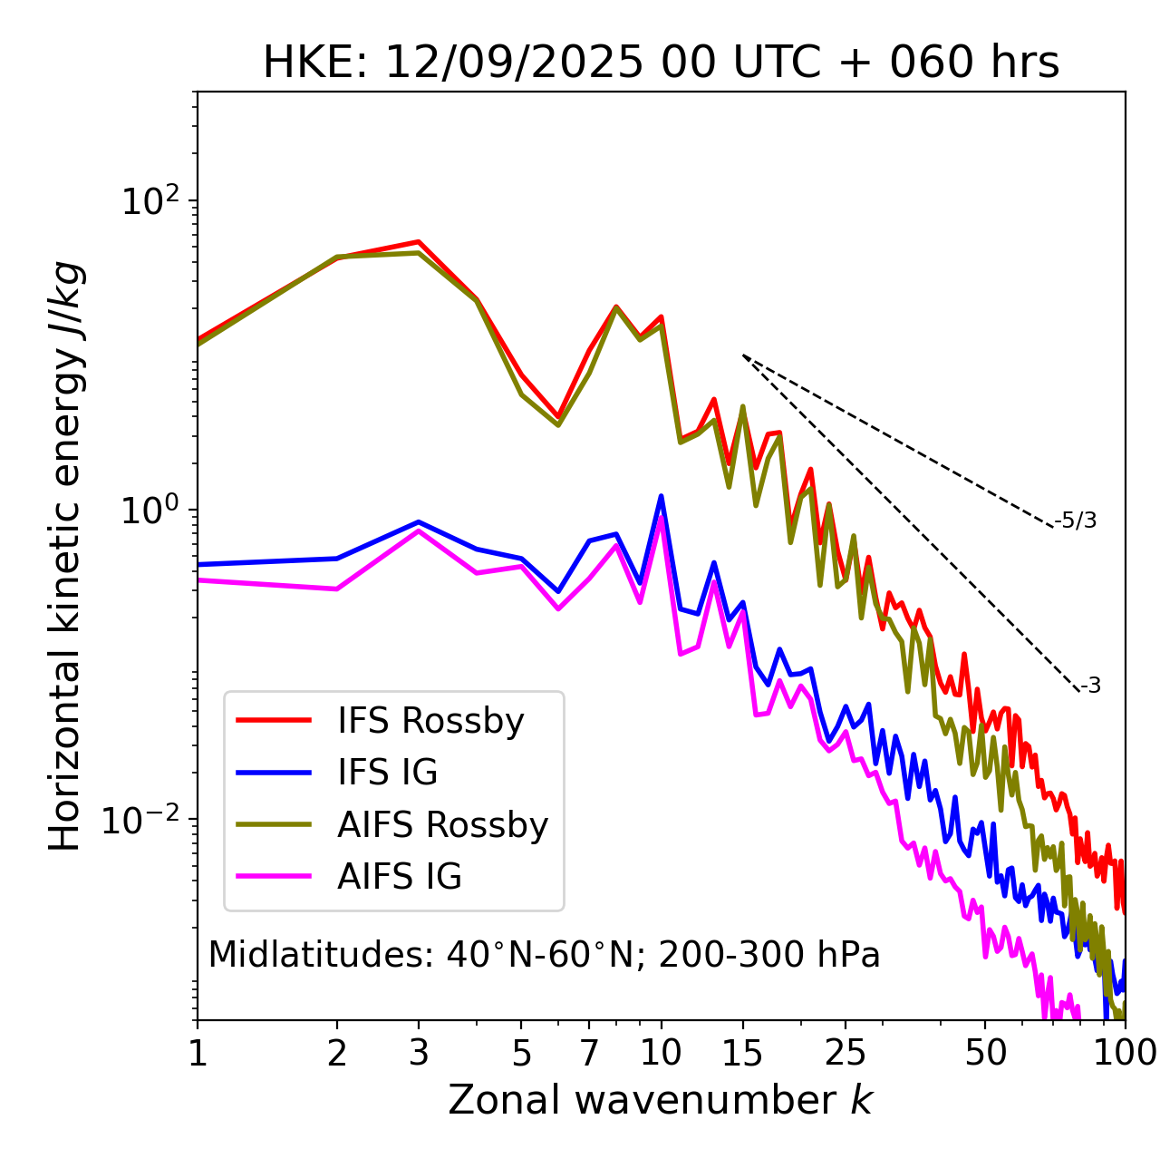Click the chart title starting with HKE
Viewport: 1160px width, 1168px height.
click(661, 63)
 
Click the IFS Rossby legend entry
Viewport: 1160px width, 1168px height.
click(430, 721)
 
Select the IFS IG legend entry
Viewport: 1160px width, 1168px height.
click(387, 773)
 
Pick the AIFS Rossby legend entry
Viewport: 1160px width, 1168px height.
click(442, 825)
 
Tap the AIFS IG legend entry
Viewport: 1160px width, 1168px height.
click(399, 877)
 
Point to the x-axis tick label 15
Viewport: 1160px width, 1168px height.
click(742, 1053)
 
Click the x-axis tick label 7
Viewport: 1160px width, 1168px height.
click(589, 1053)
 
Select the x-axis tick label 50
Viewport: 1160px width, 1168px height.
click(985, 1053)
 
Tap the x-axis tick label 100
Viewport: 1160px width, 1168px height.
click(1125, 1053)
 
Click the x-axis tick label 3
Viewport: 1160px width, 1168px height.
click(419, 1053)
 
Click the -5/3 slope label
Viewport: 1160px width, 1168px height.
click(1076, 521)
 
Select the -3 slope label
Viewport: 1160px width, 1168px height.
click(1091, 686)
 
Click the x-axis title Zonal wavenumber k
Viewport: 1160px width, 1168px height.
click(661, 1100)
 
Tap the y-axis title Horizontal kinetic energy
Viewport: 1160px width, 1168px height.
click(65, 556)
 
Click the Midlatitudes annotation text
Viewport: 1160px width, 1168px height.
click(544, 955)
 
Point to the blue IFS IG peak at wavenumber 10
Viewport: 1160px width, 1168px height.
click(662, 496)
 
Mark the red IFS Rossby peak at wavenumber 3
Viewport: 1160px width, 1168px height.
click(419, 241)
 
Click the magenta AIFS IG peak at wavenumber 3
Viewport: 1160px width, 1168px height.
click(419, 530)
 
